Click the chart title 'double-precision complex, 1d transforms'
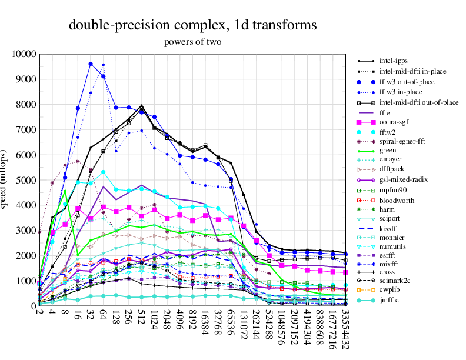193,25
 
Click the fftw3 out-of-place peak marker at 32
91,64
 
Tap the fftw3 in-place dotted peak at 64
104,65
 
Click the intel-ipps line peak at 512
142,106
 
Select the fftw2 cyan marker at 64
104,172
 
